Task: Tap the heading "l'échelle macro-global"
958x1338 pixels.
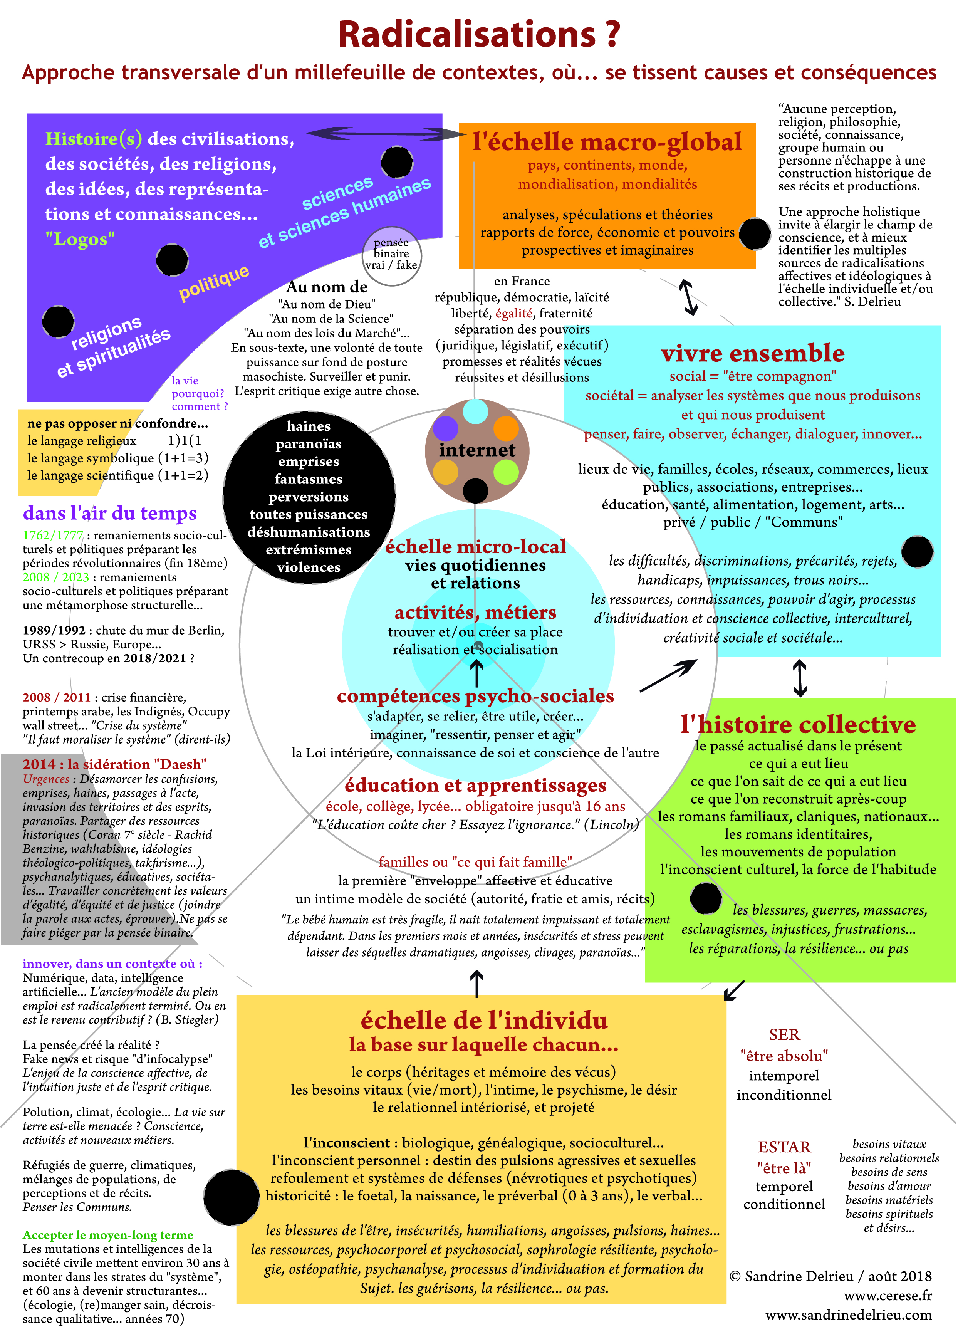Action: [607, 142]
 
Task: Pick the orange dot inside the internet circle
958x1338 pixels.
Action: [505, 428]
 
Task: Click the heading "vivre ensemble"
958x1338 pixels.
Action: [752, 353]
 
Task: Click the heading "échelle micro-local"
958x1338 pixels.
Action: [475, 546]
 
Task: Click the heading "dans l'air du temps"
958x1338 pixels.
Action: [110, 513]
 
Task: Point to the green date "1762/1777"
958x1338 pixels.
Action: [53, 535]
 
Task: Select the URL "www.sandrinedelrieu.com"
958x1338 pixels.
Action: [849, 1314]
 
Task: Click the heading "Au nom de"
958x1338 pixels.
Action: [327, 287]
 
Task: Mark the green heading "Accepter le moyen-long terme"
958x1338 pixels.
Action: [108, 1235]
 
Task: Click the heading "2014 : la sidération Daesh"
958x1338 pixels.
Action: [114, 764]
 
